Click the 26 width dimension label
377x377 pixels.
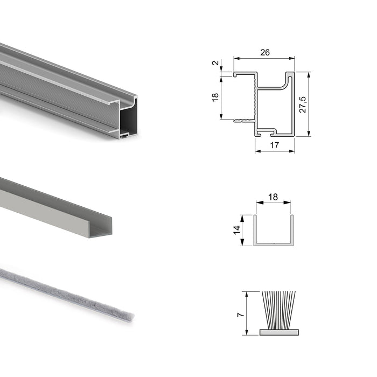264,52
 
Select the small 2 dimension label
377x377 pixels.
215,63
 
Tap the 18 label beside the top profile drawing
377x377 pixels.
215,97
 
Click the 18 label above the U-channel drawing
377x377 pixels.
273,197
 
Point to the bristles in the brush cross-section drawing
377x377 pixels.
278,310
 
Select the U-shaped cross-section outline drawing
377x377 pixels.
274,242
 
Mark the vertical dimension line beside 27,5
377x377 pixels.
309,104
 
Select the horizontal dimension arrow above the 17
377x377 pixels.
275,151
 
